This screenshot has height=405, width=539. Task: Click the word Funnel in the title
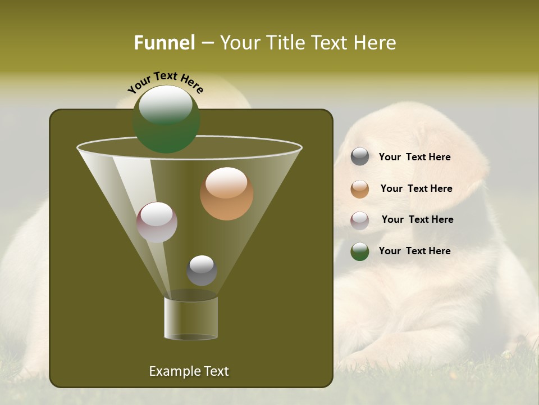point(164,43)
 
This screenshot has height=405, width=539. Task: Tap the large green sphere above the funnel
point(166,119)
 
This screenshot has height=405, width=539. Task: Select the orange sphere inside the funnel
point(227,193)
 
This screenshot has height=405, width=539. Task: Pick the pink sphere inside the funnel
point(157,222)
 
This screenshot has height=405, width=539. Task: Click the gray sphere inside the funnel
point(202,271)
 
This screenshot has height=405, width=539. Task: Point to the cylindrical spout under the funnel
point(191,318)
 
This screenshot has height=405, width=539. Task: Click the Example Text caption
point(189,371)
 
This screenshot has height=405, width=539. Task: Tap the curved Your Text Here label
point(166,83)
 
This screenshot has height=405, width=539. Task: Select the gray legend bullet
point(360,157)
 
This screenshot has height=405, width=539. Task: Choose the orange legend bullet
point(360,189)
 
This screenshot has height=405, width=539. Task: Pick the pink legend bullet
point(360,220)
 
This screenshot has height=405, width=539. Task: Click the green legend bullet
point(360,251)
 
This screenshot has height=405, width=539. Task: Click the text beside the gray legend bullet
point(414,157)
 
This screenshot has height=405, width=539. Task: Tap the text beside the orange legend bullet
point(416,188)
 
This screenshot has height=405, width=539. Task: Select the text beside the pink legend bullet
point(417,219)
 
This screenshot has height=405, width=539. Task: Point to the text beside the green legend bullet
point(414,251)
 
